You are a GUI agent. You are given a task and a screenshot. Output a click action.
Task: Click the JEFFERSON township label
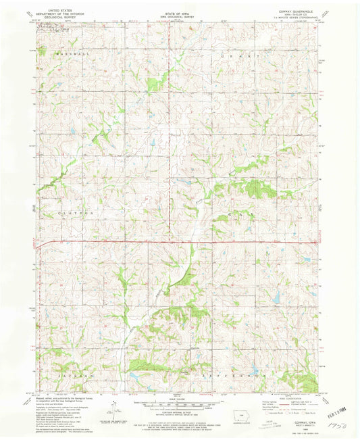pyautogui.click(x=239, y=373)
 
